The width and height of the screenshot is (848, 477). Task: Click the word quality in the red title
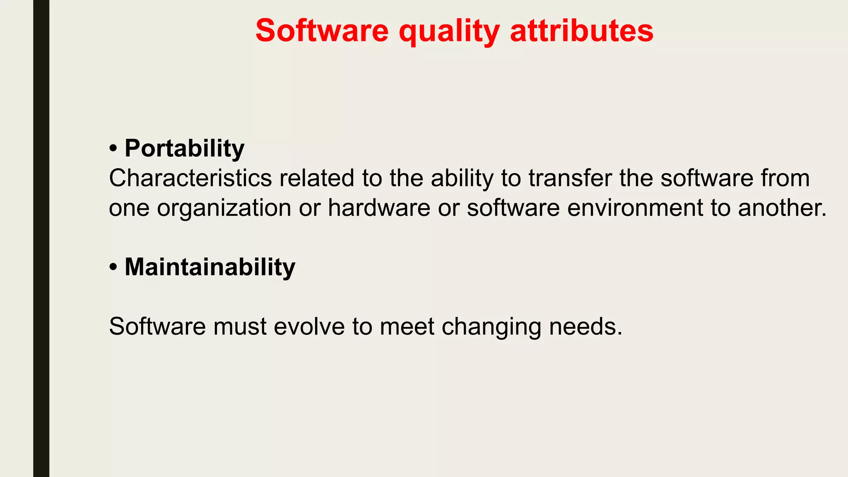point(449,31)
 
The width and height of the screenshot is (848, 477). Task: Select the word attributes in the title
point(582,31)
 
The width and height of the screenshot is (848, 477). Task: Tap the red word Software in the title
point(322,31)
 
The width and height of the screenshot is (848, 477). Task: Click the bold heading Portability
point(184,148)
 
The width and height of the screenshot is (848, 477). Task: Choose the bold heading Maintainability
point(210,267)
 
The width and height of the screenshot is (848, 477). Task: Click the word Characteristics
point(190,178)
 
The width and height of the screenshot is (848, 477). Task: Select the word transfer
point(570,178)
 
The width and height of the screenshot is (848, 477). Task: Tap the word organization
point(224,208)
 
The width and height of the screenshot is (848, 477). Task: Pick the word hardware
point(379,208)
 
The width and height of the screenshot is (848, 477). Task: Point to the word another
point(782,208)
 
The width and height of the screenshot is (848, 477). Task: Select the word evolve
point(309,326)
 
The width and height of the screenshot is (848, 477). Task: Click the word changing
point(491,327)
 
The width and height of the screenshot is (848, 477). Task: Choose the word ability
point(462,179)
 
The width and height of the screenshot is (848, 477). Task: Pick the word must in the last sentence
point(240,326)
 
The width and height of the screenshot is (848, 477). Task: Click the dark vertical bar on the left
point(41,238)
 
